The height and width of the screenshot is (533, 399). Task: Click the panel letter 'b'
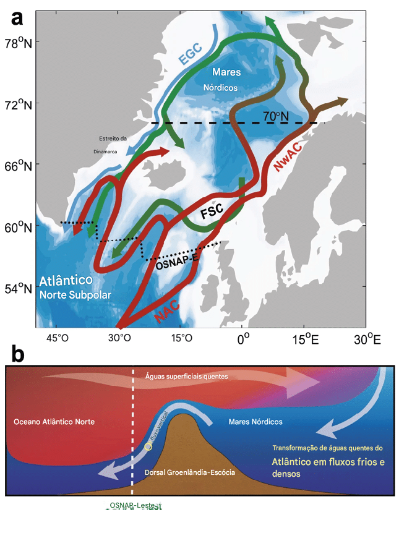[x=18, y=354]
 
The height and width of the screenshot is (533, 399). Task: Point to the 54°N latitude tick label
[x=20, y=288]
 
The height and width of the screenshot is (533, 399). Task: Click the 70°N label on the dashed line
[x=277, y=116]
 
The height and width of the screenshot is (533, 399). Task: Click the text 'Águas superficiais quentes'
[x=186, y=376]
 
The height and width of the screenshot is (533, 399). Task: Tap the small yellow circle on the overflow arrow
[x=147, y=446]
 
